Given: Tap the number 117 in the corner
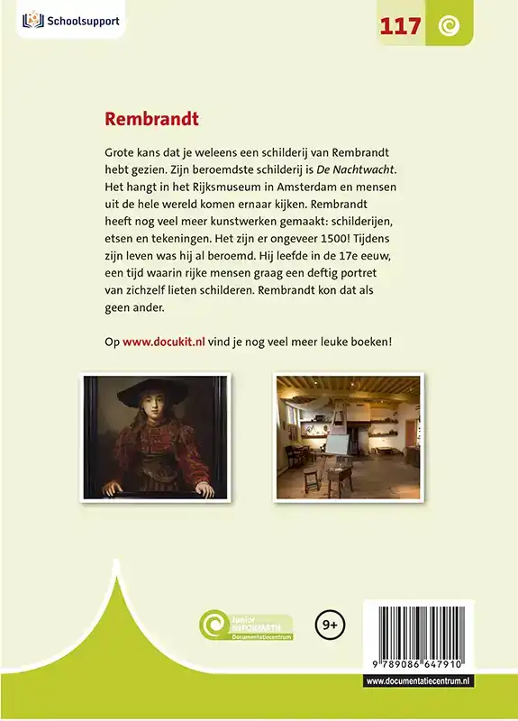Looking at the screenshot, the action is pyautogui.click(x=400, y=27).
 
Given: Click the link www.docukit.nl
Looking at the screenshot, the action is pyautogui.click(x=160, y=342).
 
